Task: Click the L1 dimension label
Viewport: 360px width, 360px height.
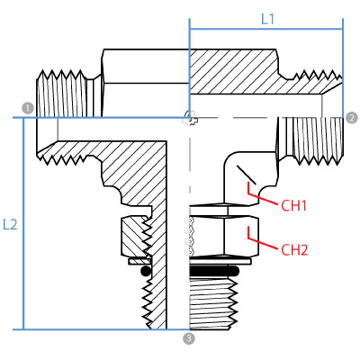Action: [x=267, y=19]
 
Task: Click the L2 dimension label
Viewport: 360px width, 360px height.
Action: [x=10, y=224]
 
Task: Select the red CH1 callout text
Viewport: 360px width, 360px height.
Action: [x=293, y=206]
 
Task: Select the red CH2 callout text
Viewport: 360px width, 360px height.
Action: [x=294, y=250]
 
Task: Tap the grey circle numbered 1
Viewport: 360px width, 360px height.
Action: [x=28, y=108]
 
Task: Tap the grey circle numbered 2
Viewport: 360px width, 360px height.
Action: [x=352, y=117]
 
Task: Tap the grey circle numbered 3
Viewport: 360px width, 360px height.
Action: [x=189, y=338]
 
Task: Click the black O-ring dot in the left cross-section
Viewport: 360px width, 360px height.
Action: [x=146, y=271]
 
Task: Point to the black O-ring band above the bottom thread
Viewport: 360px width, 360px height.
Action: [x=214, y=271]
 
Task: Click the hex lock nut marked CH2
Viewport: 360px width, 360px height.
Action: [x=224, y=236]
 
